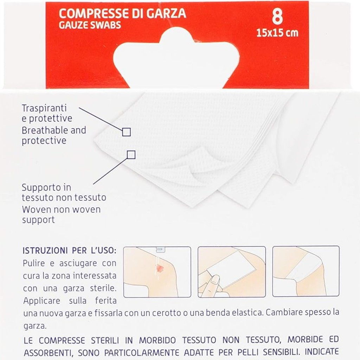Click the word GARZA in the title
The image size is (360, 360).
(x=166, y=14)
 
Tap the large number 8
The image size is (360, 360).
(x=277, y=17)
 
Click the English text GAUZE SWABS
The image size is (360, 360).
(x=90, y=25)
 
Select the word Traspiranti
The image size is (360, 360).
(x=44, y=108)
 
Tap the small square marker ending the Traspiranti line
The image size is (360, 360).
(x=126, y=132)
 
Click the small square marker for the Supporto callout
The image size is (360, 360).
(x=131, y=155)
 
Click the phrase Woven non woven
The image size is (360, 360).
(x=61, y=210)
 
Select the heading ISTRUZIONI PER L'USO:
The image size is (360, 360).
(x=69, y=250)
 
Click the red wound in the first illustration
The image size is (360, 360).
(x=159, y=267)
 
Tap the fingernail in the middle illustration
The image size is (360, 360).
(x=215, y=279)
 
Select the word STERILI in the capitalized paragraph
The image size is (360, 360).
(x=105, y=340)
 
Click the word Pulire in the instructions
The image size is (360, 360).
(x=34, y=263)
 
